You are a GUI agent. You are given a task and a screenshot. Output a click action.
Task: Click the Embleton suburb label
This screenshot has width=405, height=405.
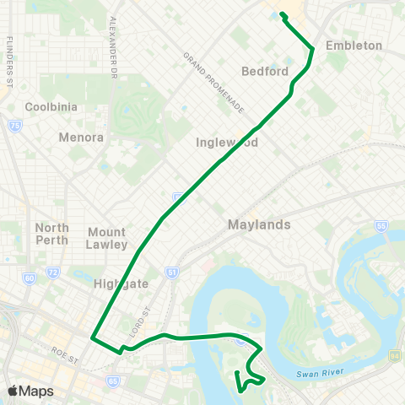[354, 46]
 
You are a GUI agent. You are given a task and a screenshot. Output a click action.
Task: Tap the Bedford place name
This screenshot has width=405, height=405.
[266, 71]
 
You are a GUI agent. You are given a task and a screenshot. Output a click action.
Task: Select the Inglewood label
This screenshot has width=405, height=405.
[251, 143]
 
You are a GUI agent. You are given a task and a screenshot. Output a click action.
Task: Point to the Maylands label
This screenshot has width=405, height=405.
[259, 225]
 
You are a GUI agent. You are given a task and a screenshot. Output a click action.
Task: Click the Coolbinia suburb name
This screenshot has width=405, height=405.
[51, 107]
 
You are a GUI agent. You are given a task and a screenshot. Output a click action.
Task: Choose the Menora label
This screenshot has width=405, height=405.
[82, 137]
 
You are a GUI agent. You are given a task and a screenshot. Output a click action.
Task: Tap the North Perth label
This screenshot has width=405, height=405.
[52, 235]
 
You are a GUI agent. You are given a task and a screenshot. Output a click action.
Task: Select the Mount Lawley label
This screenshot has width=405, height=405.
[107, 238]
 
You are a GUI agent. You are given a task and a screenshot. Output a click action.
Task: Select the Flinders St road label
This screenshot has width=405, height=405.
[10, 62]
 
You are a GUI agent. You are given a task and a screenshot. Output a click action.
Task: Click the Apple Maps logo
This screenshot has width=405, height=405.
[30, 391]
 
